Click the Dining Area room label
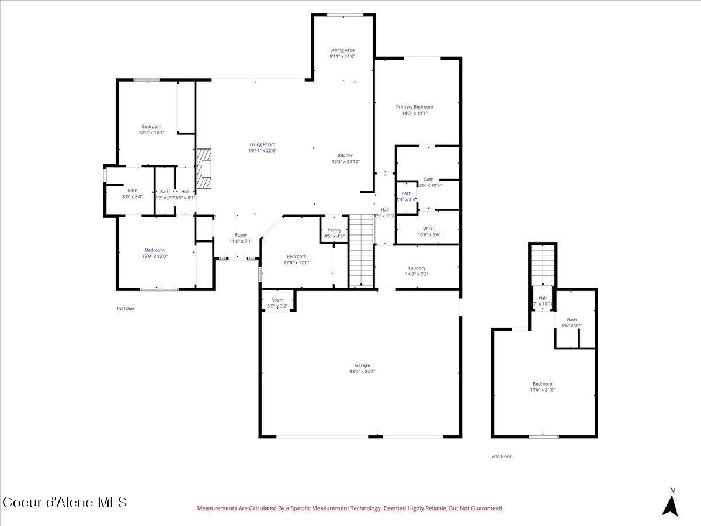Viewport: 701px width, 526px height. point(342,50)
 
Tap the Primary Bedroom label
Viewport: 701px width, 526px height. point(414,107)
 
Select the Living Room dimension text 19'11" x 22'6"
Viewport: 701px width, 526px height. point(262,151)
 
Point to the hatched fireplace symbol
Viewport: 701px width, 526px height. point(203,168)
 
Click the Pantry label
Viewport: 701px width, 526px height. point(334,230)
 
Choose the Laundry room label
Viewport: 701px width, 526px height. point(417,268)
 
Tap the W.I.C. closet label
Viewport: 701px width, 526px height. point(429,229)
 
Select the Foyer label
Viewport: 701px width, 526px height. point(241,235)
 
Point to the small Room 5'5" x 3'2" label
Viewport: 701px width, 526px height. point(277,300)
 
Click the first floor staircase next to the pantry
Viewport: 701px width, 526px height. point(361,250)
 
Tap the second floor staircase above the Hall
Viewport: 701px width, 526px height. point(543,264)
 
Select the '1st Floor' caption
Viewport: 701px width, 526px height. point(125,309)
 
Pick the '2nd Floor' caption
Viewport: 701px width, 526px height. point(501,456)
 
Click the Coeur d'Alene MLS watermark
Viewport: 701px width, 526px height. point(64,502)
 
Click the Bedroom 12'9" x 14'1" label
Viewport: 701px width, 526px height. point(151,126)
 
